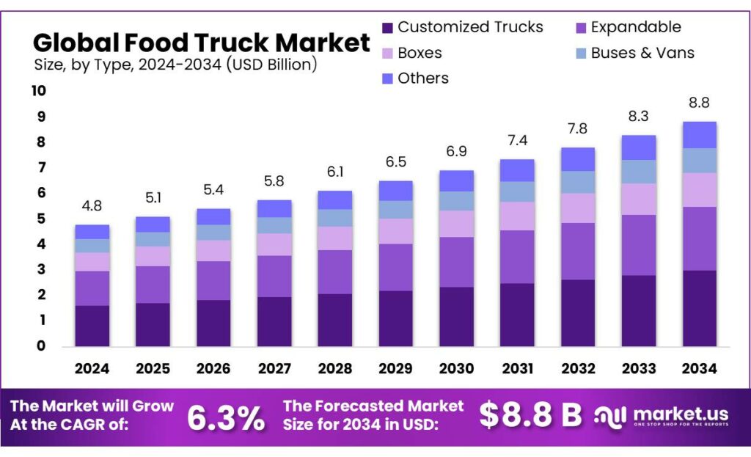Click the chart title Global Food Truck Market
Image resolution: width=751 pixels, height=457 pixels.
coord(202,42)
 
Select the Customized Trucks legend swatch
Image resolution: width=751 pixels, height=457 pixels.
coord(388,28)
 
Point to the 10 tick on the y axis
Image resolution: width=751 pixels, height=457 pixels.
coord(37,91)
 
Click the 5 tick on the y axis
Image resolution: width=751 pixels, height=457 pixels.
coord(41,219)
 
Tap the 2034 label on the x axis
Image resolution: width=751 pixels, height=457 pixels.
coord(699,368)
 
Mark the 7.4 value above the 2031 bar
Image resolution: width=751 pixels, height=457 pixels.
coord(517,140)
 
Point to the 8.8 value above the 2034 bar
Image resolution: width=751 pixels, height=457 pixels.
coord(699,103)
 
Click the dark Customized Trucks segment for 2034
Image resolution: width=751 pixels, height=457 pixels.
coord(699,308)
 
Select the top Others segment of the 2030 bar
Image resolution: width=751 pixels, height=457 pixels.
coord(456,181)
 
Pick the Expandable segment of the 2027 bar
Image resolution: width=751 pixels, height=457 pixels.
coord(274,276)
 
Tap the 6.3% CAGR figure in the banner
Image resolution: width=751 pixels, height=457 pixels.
coord(226,417)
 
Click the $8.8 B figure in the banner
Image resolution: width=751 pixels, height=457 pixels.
coord(530,415)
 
